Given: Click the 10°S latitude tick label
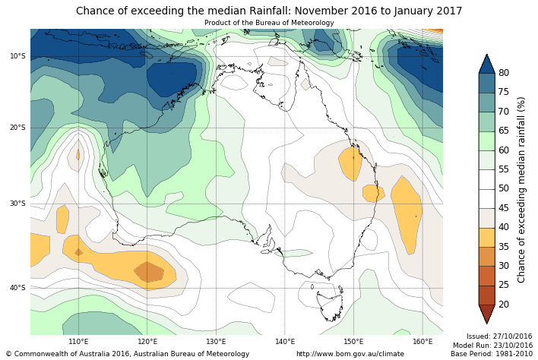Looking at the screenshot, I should pyautogui.click(x=17, y=56).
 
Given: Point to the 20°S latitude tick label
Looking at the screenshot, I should pyautogui.click(x=17, y=128).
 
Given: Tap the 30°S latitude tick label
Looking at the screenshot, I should pyautogui.click(x=17, y=204).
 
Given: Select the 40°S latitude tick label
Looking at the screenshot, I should pyautogui.click(x=17, y=288).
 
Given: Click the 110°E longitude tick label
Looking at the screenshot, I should pyautogui.click(x=78, y=342).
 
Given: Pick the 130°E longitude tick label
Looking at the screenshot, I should pyautogui.click(x=216, y=342).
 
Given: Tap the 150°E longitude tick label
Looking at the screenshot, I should pyautogui.click(x=353, y=342).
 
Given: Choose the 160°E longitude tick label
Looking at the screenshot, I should pyautogui.click(x=422, y=342).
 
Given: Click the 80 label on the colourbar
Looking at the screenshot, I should pyautogui.click(x=504, y=73).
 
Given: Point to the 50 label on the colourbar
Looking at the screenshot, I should pyautogui.click(x=504, y=188).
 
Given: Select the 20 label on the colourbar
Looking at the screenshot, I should pyautogui.click(x=504, y=305).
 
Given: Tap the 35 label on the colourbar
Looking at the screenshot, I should pyautogui.click(x=504, y=246).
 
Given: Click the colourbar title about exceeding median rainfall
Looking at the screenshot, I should pyautogui.click(x=522, y=189).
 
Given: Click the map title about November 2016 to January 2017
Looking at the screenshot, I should pyautogui.click(x=269, y=11).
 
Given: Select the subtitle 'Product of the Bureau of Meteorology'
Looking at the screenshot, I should pyautogui.click(x=269, y=23).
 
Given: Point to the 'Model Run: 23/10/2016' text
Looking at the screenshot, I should pyautogui.click(x=492, y=345).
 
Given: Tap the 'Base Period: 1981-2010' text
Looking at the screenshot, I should pyautogui.click(x=492, y=354).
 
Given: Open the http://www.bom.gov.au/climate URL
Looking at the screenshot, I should pyautogui.click(x=350, y=354).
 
